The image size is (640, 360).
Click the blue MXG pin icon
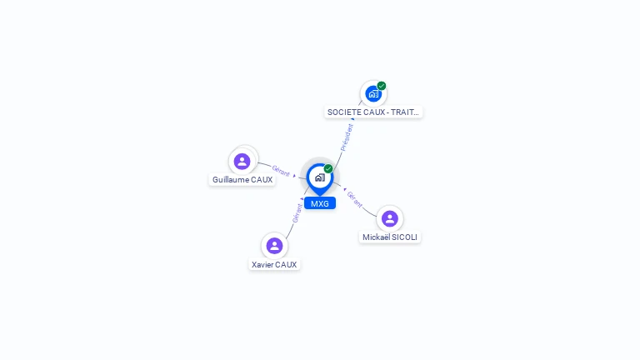tap(320, 179)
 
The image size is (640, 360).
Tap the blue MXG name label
tap(320, 203)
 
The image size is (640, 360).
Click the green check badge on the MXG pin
tap(328, 168)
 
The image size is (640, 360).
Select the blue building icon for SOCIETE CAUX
tap(373, 94)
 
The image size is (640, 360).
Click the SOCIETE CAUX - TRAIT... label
tap(373, 112)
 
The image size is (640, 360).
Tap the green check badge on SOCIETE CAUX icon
tap(381, 86)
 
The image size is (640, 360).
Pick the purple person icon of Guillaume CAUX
tap(242, 161)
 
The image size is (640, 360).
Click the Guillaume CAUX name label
tap(242, 180)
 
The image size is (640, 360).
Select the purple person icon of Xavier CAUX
tap(274, 246)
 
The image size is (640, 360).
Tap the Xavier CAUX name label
tap(274, 264)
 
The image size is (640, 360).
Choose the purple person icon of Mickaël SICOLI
tap(390, 219)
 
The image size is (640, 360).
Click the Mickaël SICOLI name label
tap(390, 237)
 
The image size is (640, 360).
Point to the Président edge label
tap(347, 137)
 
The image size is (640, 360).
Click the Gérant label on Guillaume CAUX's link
tap(281, 171)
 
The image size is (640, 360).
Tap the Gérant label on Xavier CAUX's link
tap(297, 213)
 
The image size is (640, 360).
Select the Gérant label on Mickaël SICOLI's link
tap(354, 199)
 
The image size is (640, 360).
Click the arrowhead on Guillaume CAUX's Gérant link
tap(294, 176)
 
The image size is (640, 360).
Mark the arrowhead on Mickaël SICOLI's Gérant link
tap(345, 189)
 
